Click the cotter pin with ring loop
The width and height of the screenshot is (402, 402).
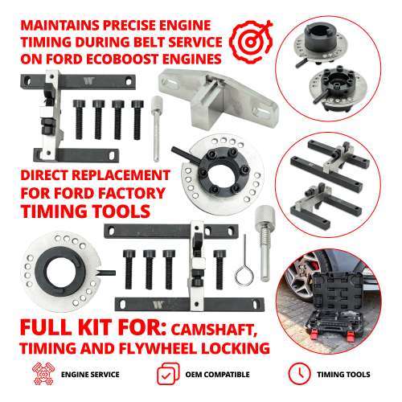[241, 265]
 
